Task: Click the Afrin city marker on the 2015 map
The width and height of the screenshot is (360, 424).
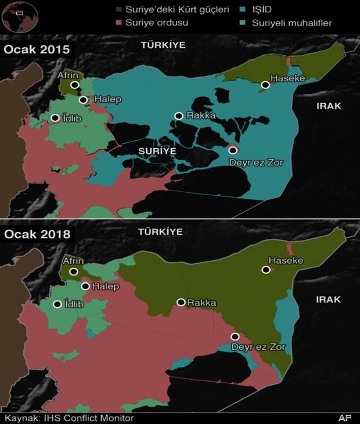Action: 75,85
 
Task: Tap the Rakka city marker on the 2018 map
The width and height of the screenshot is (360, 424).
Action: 181,302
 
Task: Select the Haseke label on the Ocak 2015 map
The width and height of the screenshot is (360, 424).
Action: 285,77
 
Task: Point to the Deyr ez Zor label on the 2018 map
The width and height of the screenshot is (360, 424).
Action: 258,347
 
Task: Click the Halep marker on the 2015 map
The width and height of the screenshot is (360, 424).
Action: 84,100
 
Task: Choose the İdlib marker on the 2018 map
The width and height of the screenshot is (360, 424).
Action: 57,304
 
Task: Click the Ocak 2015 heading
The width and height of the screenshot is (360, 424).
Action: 37,49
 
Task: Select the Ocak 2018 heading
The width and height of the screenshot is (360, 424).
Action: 37,235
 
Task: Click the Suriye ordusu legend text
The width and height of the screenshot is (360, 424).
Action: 156,23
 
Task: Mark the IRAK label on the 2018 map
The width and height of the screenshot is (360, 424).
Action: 329,300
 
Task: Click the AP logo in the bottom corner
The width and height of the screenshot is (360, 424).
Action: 345,418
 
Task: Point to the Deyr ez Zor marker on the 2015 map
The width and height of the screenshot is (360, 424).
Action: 232,150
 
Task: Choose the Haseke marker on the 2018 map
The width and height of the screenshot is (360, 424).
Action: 266,270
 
